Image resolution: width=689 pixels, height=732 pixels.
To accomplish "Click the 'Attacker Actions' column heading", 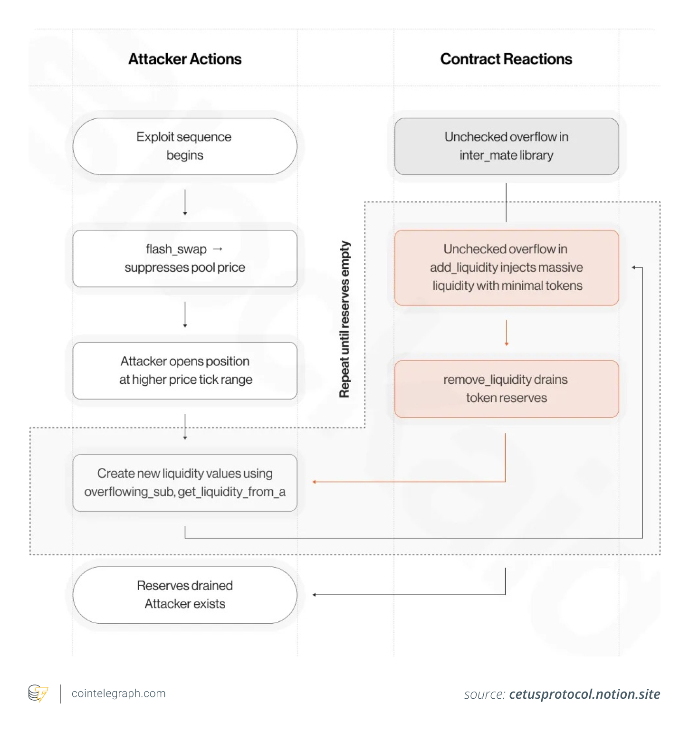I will (x=185, y=59).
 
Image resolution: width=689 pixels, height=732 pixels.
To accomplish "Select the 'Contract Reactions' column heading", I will (x=506, y=59).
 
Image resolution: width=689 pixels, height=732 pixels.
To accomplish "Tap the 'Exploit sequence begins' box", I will (x=185, y=146).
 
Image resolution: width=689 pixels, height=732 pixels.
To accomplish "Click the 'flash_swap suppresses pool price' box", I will (x=185, y=258).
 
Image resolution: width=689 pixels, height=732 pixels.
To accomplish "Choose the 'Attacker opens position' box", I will (x=185, y=371).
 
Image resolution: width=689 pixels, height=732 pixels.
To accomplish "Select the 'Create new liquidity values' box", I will (x=185, y=483).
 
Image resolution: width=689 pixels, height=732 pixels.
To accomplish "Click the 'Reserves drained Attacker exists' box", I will (x=185, y=595).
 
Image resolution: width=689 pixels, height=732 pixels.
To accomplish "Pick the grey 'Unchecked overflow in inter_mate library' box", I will (x=506, y=146).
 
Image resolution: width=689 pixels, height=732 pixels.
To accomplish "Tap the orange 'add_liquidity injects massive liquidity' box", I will (x=506, y=267).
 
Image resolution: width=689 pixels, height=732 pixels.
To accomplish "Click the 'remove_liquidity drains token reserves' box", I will (x=506, y=389).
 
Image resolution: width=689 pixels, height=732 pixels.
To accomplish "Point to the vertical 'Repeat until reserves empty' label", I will (x=344, y=319).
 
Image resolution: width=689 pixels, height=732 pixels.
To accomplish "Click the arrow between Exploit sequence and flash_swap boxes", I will (x=185, y=202).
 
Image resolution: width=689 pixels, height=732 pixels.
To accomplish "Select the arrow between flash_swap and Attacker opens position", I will (x=185, y=314).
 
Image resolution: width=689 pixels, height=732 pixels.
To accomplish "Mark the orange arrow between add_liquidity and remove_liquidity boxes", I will (x=507, y=333).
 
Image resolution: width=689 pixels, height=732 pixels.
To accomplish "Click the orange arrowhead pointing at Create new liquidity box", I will (x=315, y=482).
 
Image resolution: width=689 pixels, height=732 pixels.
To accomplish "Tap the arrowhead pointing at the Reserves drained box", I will (x=315, y=595).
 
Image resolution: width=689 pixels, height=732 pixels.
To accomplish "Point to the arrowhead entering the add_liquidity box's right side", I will (x=634, y=267).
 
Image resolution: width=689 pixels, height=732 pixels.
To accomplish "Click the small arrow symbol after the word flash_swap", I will (x=218, y=249).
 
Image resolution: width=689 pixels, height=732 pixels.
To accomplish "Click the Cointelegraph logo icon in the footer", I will (x=38, y=694).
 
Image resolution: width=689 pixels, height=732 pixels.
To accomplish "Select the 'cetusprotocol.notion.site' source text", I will (x=584, y=694).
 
